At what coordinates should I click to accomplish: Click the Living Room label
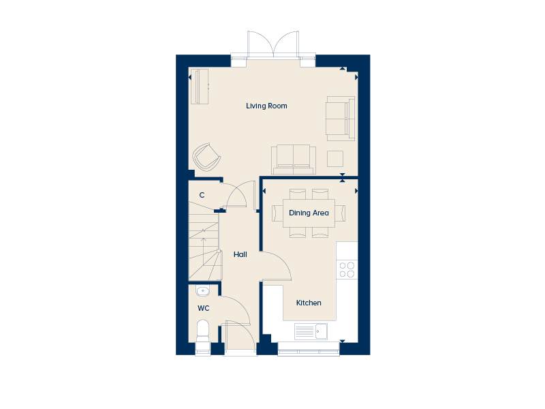point(266,106)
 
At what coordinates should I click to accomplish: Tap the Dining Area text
point(309,213)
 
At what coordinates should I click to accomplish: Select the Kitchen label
point(309,303)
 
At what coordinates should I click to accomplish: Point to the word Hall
point(240,254)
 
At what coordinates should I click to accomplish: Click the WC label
point(203,308)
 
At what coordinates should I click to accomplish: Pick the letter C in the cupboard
point(202,195)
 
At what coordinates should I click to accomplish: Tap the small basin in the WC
point(202,291)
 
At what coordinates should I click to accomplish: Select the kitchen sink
point(311,331)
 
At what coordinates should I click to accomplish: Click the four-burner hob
point(347,270)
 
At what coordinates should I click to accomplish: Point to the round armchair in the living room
point(206,157)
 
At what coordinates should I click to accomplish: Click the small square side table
point(335,159)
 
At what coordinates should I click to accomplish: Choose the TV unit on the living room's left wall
point(200,87)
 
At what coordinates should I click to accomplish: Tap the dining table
point(309,213)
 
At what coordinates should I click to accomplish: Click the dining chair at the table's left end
point(277,213)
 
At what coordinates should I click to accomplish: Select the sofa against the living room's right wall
point(341,119)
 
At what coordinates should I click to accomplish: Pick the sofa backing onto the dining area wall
point(294,160)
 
